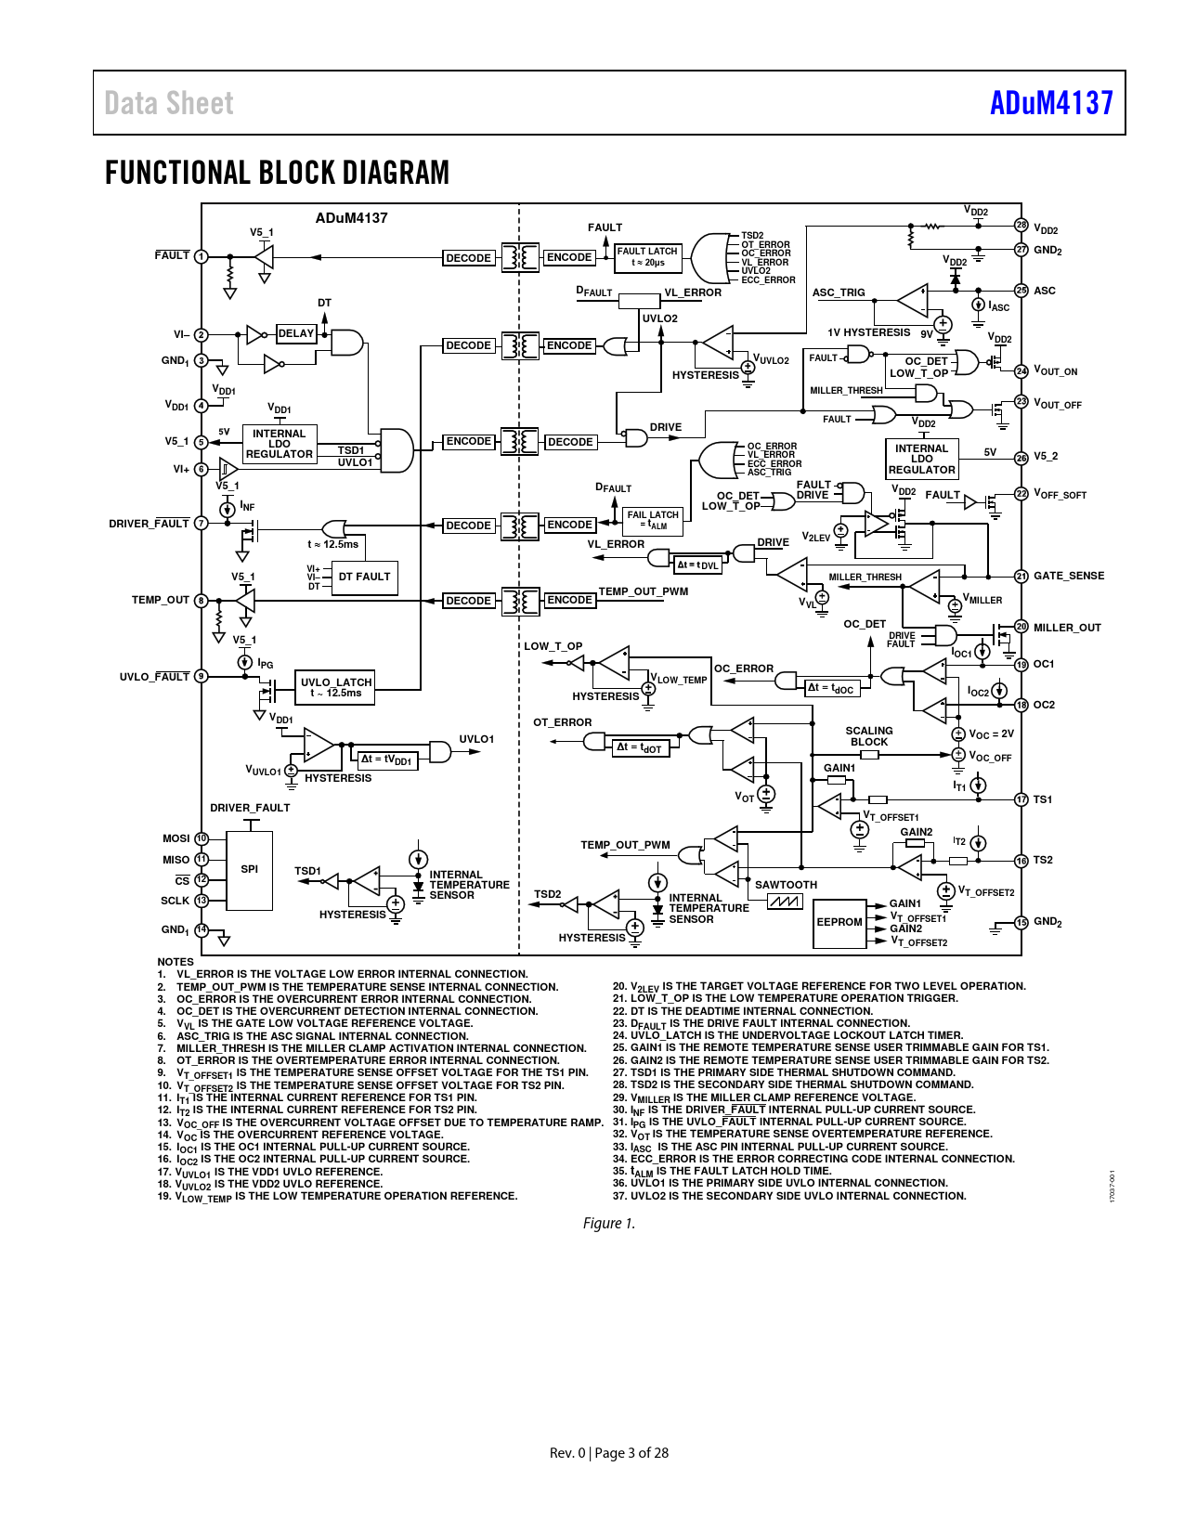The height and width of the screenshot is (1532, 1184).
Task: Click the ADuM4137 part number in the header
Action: (x=1050, y=103)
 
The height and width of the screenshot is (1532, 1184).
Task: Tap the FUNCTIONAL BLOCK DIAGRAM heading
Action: (x=277, y=173)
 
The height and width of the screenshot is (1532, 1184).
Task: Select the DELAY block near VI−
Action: (x=296, y=334)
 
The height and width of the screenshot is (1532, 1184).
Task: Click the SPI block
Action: (x=250, y=870)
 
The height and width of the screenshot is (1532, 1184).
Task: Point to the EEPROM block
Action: (x=839, y=922)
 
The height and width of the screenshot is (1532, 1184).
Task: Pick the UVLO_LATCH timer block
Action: (x=335, y=687)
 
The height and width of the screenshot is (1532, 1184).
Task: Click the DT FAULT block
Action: (x=364, y=578)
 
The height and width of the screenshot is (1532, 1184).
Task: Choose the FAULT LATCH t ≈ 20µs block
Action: (x=647, y=257)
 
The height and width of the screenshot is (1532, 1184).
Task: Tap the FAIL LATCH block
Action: (x=653, y=520)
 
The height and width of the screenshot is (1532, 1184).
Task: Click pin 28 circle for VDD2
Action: (x=1021, y=226)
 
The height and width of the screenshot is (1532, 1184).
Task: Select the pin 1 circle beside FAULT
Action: (x=201, y=257)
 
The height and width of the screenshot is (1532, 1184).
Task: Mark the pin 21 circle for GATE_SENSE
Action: (x=1021, y=577)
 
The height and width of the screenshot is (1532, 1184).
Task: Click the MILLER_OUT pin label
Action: (x=1067, y=628)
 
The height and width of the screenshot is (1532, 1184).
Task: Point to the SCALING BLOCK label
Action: (x=869, y=736)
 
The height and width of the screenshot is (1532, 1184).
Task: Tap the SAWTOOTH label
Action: (x=786, y=885)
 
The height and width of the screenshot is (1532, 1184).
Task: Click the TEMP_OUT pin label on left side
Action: (x=161, y=601)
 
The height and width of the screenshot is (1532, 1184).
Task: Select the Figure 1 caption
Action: (x=609, y=1224)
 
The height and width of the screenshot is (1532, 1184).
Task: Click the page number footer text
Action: (x=609, y=1453)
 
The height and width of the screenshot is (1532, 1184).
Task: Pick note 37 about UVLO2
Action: (x=789, y=1196)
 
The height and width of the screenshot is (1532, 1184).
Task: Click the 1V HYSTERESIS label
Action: (x=869, y=332)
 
